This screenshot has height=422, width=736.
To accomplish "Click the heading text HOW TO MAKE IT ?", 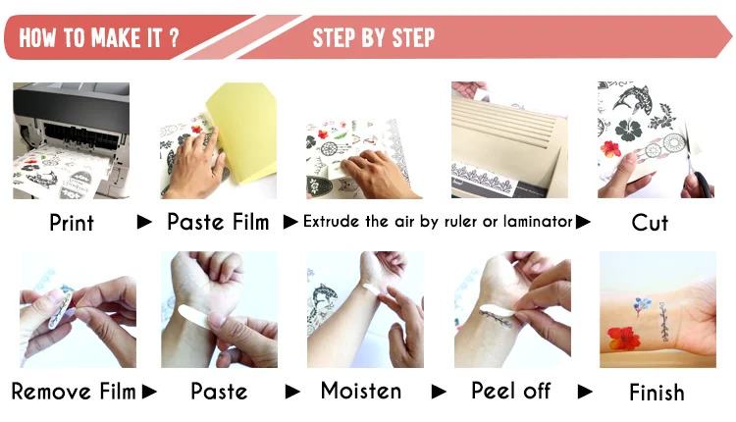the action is [x=99, y=37].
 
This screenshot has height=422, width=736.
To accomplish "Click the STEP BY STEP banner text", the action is [x=374, y=37].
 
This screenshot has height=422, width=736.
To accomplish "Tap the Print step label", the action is [x=72, y=223].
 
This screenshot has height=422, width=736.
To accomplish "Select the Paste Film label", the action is [x=218, y=222].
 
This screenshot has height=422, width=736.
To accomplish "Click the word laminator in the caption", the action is [x=538, y=221].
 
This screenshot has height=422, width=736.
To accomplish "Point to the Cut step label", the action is [x=650, y=223].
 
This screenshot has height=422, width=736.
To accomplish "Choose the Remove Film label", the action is [x=74, y=391].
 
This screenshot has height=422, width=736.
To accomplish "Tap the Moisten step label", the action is [x=361, y=391].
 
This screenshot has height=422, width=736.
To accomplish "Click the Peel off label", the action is [x=510, y=391].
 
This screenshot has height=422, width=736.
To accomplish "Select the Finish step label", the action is [x=657, y=393].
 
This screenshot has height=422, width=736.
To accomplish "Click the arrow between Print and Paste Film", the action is [x=144, y=222].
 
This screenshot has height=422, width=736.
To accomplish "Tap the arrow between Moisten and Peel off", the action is [x=439, y=392].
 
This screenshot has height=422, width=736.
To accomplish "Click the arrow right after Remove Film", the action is [x=149, y=392].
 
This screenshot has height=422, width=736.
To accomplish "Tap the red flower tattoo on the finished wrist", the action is [x=624, y=339].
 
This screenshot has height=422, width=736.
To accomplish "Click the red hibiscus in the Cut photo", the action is [x=610, y=149].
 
